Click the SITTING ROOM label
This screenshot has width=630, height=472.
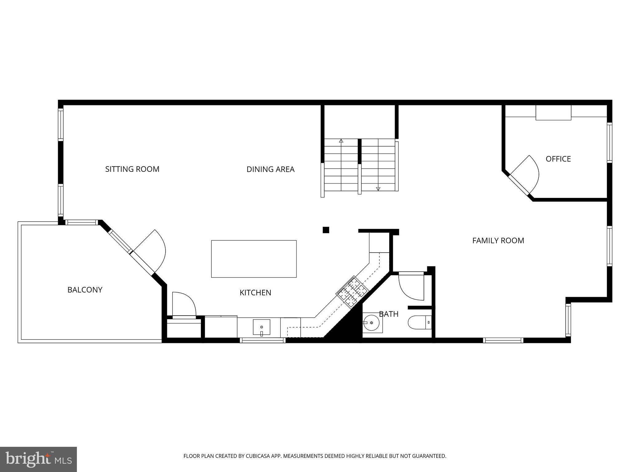pos(132,169)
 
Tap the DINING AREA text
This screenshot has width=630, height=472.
pos(270,169)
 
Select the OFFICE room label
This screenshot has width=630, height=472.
pos(558,159)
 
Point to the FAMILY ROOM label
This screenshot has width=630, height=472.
pos(498,241)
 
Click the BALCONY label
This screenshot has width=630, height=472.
pos(85,290)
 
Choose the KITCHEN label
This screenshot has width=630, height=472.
pos(255,293)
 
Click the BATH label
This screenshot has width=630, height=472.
pos(389,314)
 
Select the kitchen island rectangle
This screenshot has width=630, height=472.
pos(254,259)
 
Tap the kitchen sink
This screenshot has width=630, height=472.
pos(261,327)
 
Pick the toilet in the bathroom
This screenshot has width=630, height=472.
pos(420,322)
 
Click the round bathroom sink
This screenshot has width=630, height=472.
pos(371,323)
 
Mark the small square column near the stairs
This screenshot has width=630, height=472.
pos(326,230)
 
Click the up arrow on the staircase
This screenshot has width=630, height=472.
pos(341,141)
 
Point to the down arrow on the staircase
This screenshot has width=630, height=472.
pos(378,189)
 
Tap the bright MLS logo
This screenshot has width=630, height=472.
pos(38,459)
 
